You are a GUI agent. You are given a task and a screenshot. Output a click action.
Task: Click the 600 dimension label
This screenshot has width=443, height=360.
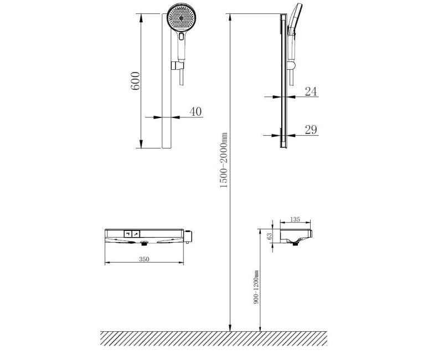(x=135, y=81)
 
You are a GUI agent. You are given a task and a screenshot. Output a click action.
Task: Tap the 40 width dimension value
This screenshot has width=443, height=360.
(x=196, y=112)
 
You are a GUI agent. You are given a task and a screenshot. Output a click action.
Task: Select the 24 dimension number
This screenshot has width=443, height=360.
(x=311, y=91)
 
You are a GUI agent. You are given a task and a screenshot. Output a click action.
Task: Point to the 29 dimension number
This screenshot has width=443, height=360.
(x=311, y=130)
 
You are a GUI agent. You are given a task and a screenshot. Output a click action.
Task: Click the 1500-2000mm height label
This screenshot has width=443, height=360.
(x=224, y=161)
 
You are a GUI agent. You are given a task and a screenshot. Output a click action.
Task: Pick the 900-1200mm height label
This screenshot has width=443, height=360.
(x=256, y=287)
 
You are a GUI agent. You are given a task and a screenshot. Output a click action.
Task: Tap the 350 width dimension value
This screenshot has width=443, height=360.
(x=144, y=259)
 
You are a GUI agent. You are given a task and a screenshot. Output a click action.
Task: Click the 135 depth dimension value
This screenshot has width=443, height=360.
(x=295, y=219)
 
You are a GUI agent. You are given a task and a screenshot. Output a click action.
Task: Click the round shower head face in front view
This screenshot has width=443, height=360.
(x=182, y=18)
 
